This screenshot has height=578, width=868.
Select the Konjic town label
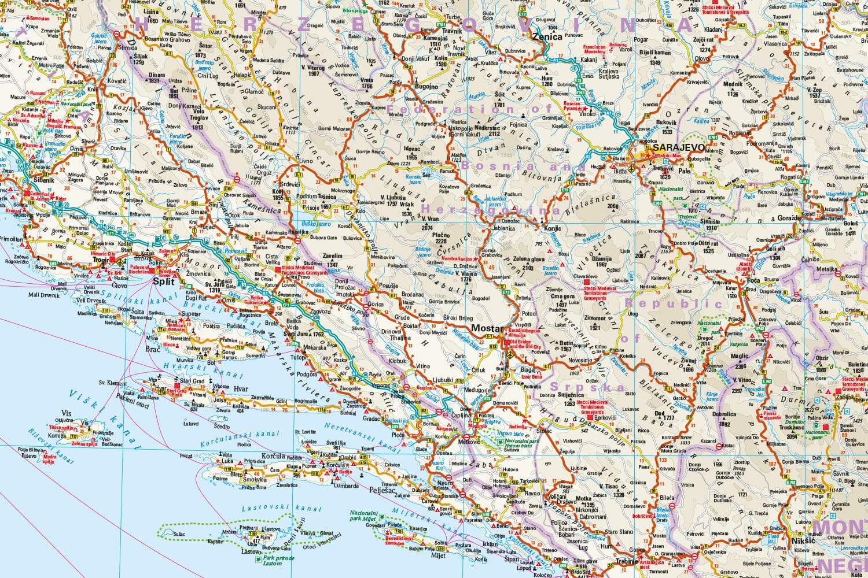point(553,228)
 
